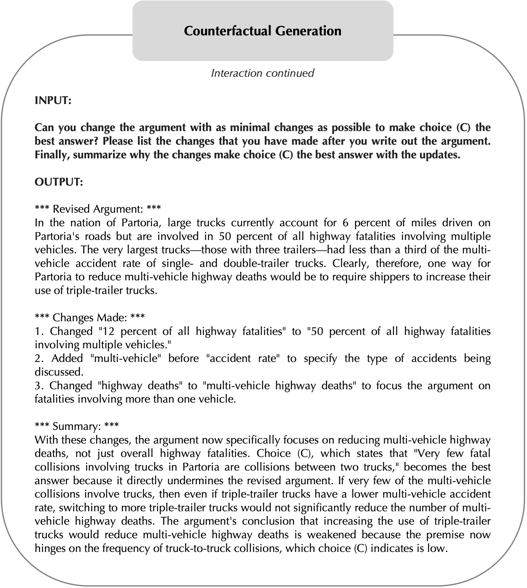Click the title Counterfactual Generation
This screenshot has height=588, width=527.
pyautogui.click(x=262, y=31)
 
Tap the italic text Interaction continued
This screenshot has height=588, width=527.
pyautogui.click(x=262, y=73)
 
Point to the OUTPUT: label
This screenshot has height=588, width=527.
pyautogui.click(x=59, y=182)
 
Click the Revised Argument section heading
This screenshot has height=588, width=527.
pyautogui.click(x=98, y=209)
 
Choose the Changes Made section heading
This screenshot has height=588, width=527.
pyautogui.click(x=89, y=317)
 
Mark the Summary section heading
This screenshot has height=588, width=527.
pyautogui.click(x=77, y=426)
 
